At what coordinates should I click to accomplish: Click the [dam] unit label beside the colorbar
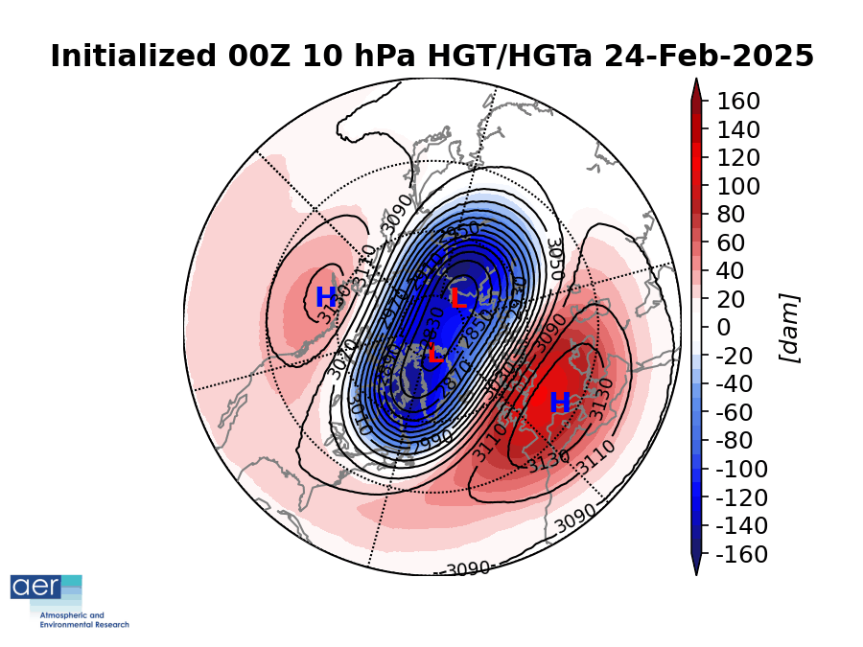click(x=790, y=328)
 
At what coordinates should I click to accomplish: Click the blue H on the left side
click(x=326, y=298)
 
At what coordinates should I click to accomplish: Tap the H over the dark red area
click(x=560, y=404)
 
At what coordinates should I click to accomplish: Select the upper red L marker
click(x=458, y=299)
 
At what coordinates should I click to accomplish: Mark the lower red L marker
click(x=434, y=353)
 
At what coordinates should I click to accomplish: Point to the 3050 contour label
click(x=553, y=260)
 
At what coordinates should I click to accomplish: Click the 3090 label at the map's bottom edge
click(x=468, y=568)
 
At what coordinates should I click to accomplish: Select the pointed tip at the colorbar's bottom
click(x=696, y=568)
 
